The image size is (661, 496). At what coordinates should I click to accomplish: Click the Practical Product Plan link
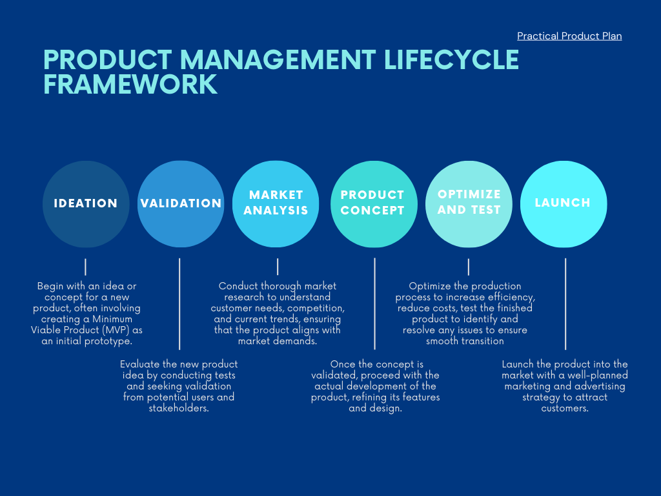(x=569, y=36)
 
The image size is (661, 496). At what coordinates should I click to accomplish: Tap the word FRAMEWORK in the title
(x=130, y=85)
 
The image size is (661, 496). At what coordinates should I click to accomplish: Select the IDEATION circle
(x=85, y=203)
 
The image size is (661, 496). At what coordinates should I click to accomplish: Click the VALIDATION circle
(x=181, y=203)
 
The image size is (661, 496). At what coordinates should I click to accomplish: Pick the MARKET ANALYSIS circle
(x=276, y=203)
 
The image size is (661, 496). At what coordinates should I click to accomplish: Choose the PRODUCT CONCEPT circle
(x=373, y=203)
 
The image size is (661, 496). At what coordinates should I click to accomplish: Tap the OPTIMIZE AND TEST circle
(x=469, y=203)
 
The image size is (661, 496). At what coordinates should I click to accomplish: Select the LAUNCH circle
(x=564, y=203)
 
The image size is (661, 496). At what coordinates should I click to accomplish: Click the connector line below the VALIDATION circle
(x=179, y=304)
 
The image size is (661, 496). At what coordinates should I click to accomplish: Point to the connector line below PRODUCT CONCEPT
(x=374, y=304)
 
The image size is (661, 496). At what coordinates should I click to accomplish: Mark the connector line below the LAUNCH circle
(x=565, y=304)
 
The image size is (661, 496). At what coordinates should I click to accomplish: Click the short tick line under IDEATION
(x=85, y=267)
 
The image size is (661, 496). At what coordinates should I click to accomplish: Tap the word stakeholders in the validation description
(x=179, y=408)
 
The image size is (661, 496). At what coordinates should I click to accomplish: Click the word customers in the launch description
(x=565, y=408)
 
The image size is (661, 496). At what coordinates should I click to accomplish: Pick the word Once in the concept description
(x=343, y=364)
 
